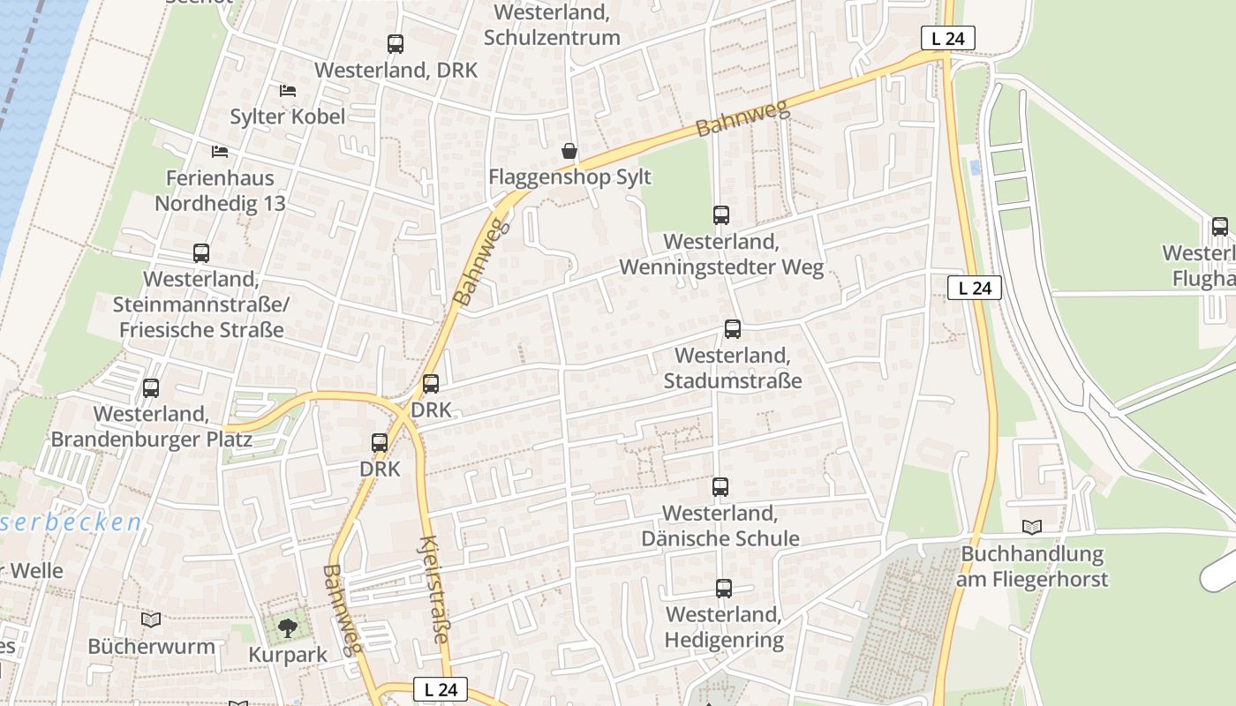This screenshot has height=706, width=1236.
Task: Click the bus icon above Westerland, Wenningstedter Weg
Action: click(x=721, y=214)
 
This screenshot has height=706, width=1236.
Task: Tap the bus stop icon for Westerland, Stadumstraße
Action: click(x=732, y=329)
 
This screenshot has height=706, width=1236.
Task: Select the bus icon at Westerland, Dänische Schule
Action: click(x=720, y=486)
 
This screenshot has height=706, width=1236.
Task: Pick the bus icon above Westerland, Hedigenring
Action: click(x=724, y=588)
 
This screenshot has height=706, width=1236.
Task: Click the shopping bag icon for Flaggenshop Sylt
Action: click(x=569, y=151)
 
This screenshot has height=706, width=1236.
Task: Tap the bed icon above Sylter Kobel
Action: click(x=287, y=90)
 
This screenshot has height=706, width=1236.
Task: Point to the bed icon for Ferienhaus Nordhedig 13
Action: click(x=220, y=152)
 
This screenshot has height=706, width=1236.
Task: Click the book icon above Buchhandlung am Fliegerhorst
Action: click(x=1032, y=528)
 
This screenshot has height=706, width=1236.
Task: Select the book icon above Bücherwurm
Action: click(x=151, y=620)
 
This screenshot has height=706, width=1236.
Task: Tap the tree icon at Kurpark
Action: click(x=287, y=628)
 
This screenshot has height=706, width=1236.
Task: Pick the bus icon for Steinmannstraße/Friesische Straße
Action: click(x=201, y=253)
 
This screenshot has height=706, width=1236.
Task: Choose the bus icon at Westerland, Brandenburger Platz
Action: click(x=151, y=387)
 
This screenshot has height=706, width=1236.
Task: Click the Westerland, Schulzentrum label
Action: click(x=552, y=26)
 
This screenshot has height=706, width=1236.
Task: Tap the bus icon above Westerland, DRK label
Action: click(x=396, y=43)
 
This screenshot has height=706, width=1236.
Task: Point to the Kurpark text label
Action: click(x=288, y=655)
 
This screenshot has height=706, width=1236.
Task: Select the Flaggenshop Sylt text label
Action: click(x=569, y=177)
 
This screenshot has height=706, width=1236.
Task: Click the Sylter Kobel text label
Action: click(x=287, y=116)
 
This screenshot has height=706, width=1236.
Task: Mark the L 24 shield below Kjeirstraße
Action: click(x=440, y=690)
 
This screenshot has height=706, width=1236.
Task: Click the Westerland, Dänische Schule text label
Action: click(x=720, y=526)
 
